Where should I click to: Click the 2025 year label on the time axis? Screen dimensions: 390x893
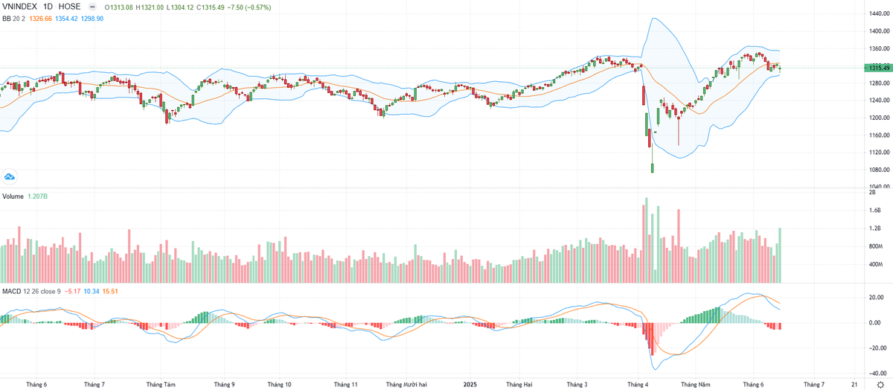(470, 385)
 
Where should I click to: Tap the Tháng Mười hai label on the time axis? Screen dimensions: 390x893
(406, 385)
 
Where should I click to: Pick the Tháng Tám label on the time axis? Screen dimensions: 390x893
(161, 385)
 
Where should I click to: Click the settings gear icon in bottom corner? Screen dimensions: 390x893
(880, 385)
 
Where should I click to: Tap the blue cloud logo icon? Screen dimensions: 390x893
(10, 176)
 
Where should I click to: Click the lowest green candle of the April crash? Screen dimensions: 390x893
(653, 168)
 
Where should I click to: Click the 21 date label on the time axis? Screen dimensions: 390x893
(853, 385)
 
